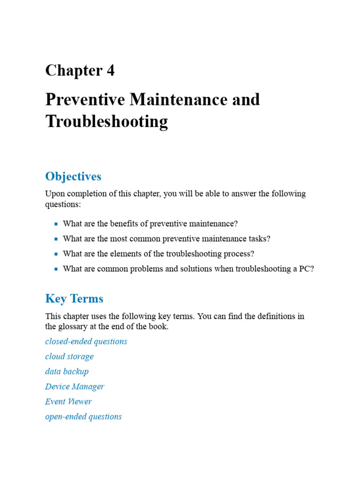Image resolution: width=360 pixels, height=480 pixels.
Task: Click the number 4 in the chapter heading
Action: coord(110,70)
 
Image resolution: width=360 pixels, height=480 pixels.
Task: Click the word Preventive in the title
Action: coord(84,99)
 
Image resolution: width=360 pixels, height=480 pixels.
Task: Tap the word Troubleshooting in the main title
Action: coord(106,121)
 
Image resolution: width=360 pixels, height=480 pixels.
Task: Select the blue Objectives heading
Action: coord(73,176)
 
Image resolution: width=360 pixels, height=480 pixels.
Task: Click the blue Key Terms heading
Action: coord(74,299)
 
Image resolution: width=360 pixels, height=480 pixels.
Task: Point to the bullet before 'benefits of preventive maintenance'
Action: coord(56,224)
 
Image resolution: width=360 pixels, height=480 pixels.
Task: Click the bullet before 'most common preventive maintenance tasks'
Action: coord(56,239)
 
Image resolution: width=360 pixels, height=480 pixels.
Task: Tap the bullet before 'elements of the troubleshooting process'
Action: coord(56,254)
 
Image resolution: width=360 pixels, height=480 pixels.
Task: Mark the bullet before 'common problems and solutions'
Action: coord(56,269)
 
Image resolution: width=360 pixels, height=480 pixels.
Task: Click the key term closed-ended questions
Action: coord(86,341)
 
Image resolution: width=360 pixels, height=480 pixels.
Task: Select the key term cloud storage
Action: coord(69,356)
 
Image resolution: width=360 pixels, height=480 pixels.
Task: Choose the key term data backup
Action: coord(67,371)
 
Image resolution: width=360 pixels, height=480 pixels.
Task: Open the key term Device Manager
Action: coord(75,386)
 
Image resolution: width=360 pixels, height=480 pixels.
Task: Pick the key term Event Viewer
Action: coord(68,401)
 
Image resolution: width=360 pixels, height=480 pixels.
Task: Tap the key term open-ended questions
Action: coord(83,416)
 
